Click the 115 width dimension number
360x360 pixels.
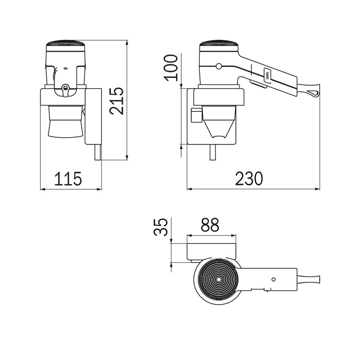pos(68,178)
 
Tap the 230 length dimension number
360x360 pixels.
pos(249,178)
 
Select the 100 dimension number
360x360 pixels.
pos(172,68)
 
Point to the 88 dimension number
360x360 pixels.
pos(210,224)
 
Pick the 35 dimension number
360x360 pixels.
pos(161,227)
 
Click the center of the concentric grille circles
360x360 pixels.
pos(218,279)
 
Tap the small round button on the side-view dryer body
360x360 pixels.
pos(219,66)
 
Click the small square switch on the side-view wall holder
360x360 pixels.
pos(196,115)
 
